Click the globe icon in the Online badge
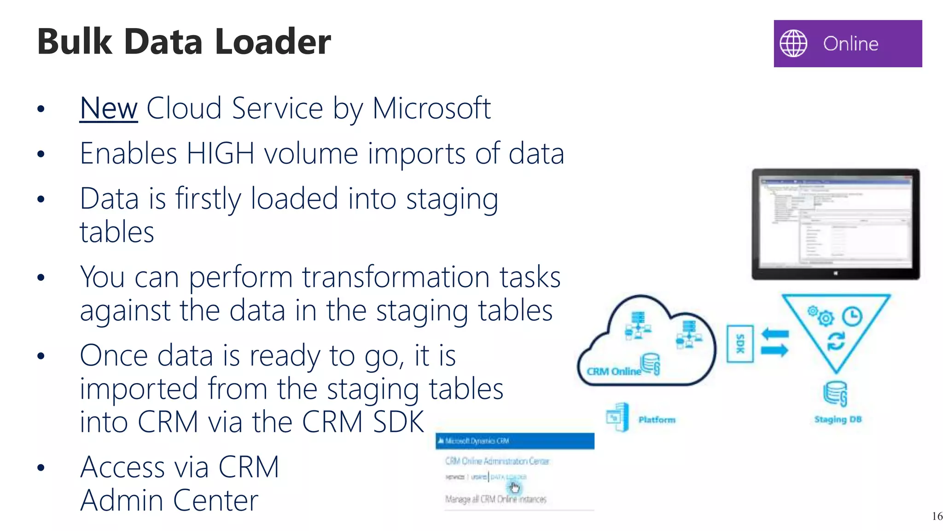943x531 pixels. coord(793,43)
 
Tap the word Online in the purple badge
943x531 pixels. coord(850,44)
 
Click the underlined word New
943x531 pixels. coord(109,109)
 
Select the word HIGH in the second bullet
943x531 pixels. coord(220,153)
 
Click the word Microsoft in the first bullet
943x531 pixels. coord(431,109)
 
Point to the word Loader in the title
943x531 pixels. coord(273,41)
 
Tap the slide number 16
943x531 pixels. coord(937,516)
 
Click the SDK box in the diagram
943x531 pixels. coord(740,344)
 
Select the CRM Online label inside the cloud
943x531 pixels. coord(613,372)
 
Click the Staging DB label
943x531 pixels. coord(838,419)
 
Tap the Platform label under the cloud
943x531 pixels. coord(657,419)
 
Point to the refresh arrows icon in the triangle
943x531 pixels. coord(836,341)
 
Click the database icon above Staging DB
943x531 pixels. coord(835,393)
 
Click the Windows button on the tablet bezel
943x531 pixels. coord(836,273)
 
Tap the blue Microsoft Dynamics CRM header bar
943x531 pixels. coord(515,441)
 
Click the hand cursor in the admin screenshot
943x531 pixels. coord(514,487)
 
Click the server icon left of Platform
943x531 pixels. coord(618,417)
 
